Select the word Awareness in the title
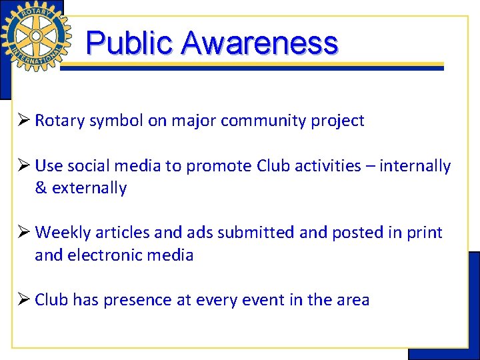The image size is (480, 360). pos(259,43)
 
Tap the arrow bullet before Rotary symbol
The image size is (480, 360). pos(25,121)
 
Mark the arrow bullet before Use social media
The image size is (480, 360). pos(25,166)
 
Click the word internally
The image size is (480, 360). pos(415,166)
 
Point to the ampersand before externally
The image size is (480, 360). pos(41,188)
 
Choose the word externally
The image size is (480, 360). pos(89,188)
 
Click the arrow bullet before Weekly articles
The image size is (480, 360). pos(25,233)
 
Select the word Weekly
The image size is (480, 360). pos(63,233)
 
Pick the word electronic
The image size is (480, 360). pos(105,255)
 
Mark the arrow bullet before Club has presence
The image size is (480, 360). pos(25,300)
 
